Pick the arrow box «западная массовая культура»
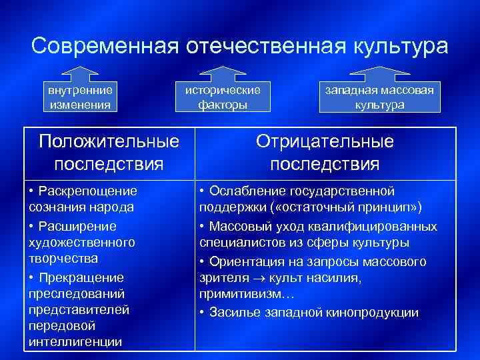379,96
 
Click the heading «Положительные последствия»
109,153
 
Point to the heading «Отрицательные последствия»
325,153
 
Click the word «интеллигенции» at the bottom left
75,342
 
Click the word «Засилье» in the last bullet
233,312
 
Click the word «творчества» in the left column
63,258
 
